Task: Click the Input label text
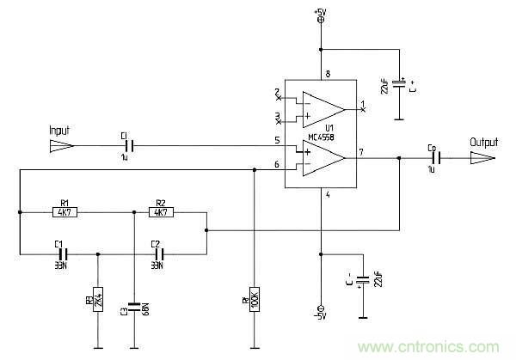[59, 131]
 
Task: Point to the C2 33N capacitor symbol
[157, 254]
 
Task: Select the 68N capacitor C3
[134, 305]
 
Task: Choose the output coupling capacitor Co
[434, 158]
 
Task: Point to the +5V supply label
[321, 10]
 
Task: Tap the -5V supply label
[321, 319]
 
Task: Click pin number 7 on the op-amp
[361, 152]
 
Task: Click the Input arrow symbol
[60, 147]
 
